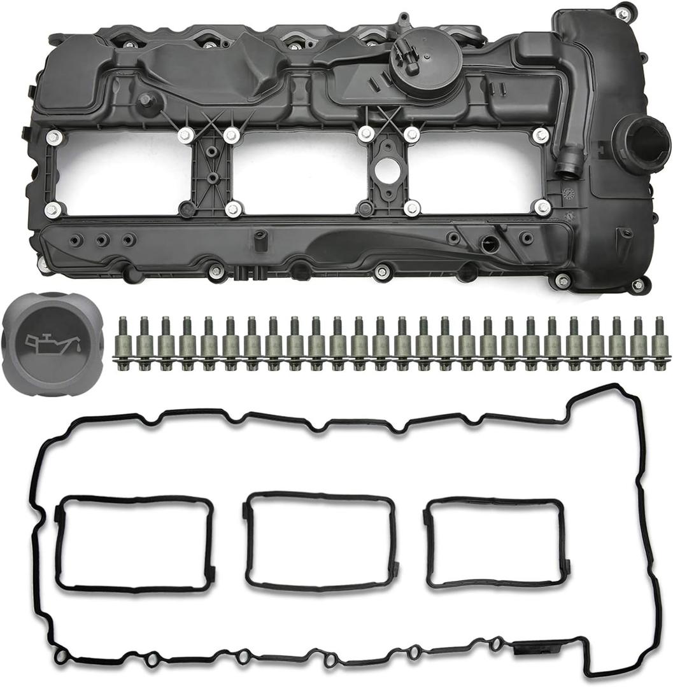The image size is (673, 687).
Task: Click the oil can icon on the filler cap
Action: pyautogui.click(x=49, y=343)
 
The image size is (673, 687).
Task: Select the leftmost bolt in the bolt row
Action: pyautogui.click(x=123, y=344)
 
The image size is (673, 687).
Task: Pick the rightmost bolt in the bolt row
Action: pyautogui.click(x=658, y=344)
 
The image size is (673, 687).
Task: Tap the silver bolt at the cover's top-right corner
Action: pyautogui.click(x=623, y=13)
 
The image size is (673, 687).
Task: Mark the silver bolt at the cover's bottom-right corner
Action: pyautogui.click(x=637, y=286)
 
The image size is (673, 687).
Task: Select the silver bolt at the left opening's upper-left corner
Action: pyautogui.click(x=53, y=136)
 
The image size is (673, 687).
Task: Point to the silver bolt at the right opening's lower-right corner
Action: pyautogui.click(x=542, y=207)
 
